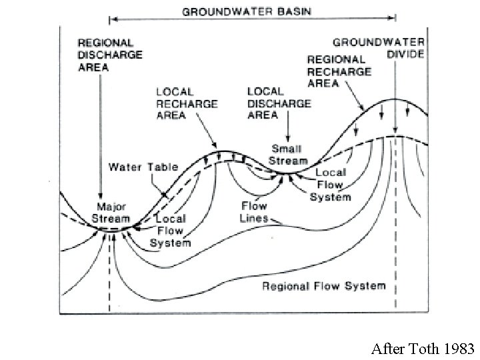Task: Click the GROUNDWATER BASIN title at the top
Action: (x=247, y=12)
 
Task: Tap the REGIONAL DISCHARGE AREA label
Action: (x=110, y=55)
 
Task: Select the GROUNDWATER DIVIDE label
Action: (x=379, y=48)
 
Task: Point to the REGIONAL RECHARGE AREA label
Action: (x=339, y=71)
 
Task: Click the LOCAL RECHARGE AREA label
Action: (x=187, y=103)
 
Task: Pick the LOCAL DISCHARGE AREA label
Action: (x=279, y=103)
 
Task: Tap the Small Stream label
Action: (x=288, y=155)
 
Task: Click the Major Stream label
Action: (x=111, y=213)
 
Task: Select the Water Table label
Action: (x=143, y=167)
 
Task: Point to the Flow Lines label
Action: (x=254, y=212)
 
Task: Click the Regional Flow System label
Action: (x=324, y=286)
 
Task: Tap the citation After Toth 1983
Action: (x=423, y=349)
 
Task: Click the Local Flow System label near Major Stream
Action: (x=170, y=231)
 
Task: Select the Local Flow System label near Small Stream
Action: (x=330, y=185)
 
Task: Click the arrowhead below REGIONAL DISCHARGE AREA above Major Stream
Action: (x=100, y=196)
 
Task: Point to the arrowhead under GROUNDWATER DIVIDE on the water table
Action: (x=395, y=130)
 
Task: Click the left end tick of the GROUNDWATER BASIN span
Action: (x=109, y=19)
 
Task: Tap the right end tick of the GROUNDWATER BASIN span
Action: (x=395, y=18)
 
